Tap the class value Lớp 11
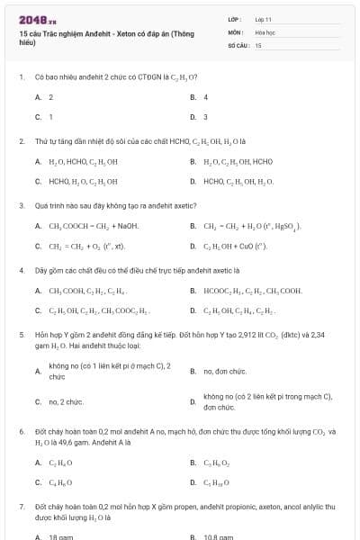(263, 19)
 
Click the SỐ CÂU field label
(237, 43)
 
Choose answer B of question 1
(205, 96)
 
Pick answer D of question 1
(205, 117)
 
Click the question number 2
(21, 141)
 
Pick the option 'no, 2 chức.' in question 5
(66, 402)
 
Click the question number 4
(21, 270)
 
